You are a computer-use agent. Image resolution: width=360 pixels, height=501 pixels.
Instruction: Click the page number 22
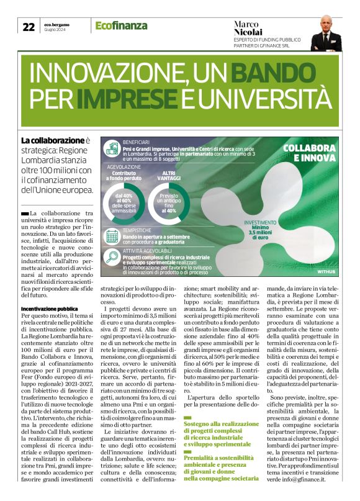[29, 27]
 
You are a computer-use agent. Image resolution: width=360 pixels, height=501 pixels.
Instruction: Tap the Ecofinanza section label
[121, 25]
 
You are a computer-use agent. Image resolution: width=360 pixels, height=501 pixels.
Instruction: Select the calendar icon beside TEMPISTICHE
[112, 237]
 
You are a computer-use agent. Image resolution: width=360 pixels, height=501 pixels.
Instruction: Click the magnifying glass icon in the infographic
[112, 258]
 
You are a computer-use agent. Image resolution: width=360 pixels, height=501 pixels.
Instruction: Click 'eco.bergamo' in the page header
[58, 24]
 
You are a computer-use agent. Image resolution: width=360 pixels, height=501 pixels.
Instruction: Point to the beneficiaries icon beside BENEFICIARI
[112, 148]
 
